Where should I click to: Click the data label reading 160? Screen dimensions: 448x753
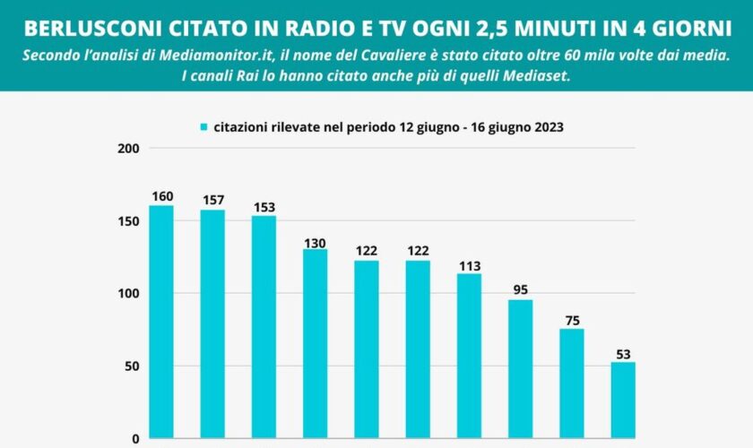(x=161, y=196)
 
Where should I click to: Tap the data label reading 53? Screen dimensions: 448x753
(x=623, y=352)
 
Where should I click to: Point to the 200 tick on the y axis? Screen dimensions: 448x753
(x=129, y=148)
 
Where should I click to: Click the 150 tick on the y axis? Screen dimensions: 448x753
(x=129, y=220)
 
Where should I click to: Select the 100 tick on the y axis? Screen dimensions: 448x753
(x=129, y=293)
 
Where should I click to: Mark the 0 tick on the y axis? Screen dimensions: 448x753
(x=135, y=439)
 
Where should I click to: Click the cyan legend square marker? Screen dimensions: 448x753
(x=204, y=127)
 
